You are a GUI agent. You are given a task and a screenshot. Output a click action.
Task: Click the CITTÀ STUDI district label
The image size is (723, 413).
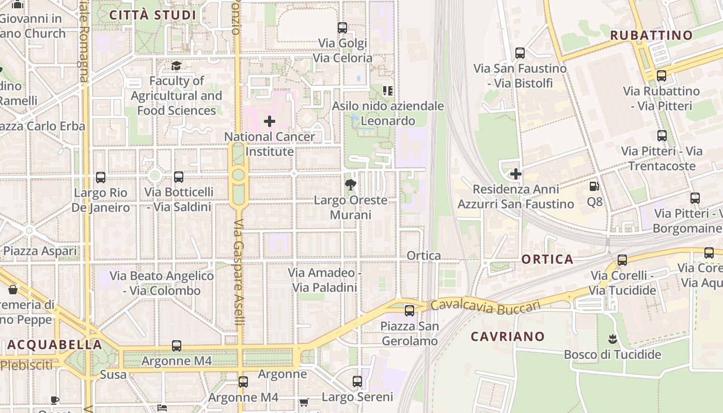[x=153, y=15]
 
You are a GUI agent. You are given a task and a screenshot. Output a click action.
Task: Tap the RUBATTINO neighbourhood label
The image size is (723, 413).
[x=651, y=36]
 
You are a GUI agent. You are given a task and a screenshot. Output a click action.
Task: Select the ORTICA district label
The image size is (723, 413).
[x=547, y=259]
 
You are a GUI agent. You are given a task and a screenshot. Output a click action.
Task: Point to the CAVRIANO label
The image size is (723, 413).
[x=508, y=337]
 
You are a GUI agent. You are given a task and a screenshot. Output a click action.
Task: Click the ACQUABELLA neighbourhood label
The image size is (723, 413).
[x=55, y=345]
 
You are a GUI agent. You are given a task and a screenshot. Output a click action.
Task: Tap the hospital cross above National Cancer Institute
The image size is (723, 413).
[x=270, y=122]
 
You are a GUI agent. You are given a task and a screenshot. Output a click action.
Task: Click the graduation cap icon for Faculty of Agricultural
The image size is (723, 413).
[x=177, y=66]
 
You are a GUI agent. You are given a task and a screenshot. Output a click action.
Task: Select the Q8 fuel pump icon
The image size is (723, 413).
[x=594, y=186]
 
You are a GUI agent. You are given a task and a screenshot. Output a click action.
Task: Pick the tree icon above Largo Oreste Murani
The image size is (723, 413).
[x=351, y=185]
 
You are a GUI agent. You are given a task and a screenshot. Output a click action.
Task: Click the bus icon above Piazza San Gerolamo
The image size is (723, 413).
[x=410, y=311]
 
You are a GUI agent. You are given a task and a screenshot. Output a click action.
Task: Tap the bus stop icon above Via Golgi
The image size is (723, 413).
[x=342, y=28]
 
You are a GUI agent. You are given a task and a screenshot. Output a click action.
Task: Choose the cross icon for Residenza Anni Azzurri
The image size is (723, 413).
[x=515, y=174]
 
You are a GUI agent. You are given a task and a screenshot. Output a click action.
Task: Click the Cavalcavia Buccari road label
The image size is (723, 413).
[x=485, y=306]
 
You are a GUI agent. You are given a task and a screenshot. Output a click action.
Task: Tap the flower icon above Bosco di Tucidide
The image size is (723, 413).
[x=612, y=339]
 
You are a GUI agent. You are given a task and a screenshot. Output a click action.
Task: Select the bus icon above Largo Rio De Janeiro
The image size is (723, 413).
[x=101, y=178]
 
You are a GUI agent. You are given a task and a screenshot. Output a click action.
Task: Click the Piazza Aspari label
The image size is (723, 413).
[x=40, y=251]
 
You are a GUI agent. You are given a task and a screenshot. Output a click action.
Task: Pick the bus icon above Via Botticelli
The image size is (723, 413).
[x=179, y=177]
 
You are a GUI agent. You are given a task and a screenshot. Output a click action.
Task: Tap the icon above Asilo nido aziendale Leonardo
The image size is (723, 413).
[x=388, y=91]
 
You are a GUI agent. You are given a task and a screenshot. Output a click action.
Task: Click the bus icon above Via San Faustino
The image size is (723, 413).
[x=520, y=53]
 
